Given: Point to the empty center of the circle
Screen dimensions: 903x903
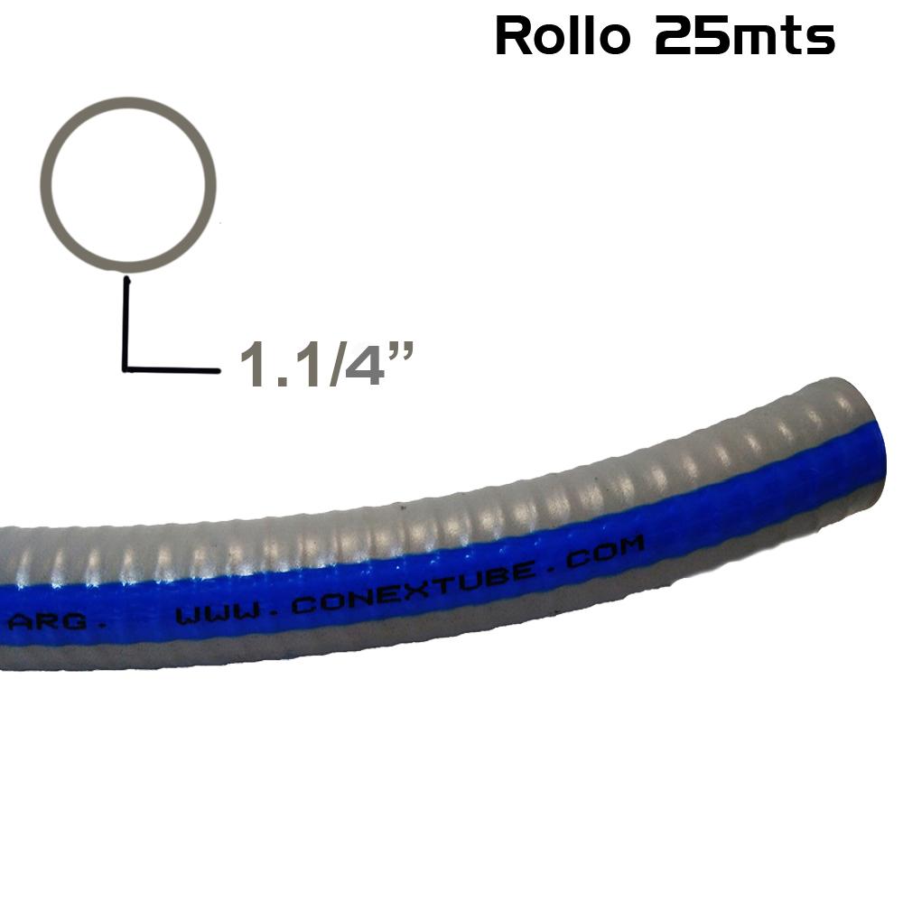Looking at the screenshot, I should coord(133,184).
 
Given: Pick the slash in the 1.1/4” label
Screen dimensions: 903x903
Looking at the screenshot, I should coord(338,366).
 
